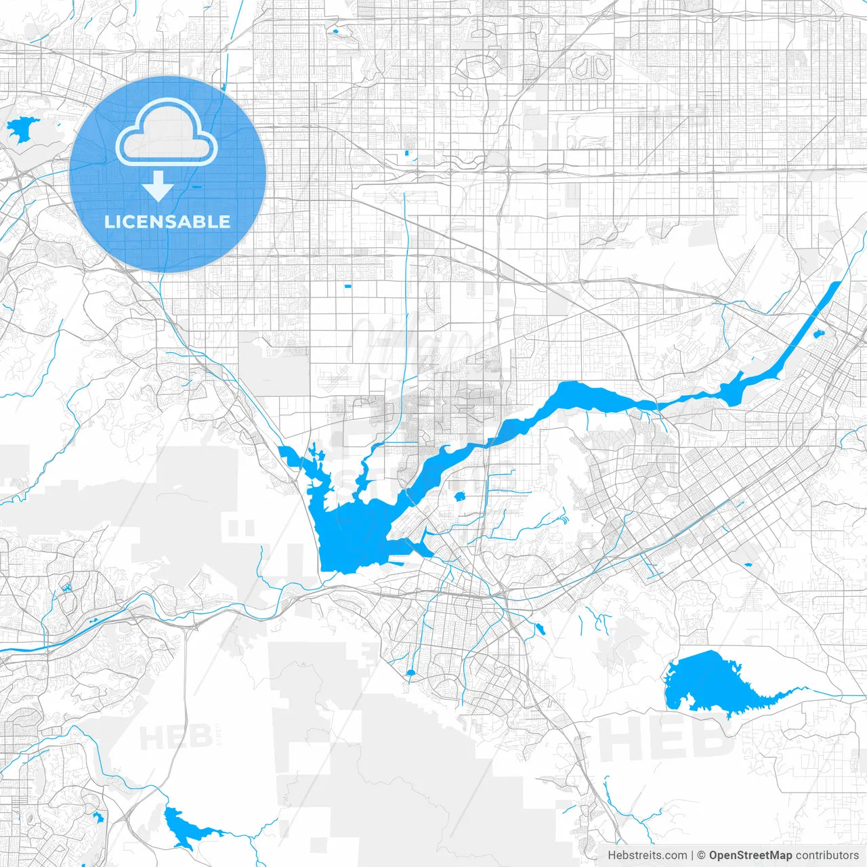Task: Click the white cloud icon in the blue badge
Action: tap(167, 133)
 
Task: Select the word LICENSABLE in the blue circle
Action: tap(167, 221)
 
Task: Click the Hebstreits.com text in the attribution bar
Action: tap(647, 855)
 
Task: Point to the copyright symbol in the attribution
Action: tap(702, 855)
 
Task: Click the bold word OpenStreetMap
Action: tap(750, 855)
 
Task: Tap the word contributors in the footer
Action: tap(827, 855)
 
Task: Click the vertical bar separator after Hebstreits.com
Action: tap(692, 855)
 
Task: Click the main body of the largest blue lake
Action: tap(352, 535)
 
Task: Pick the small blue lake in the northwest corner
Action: tap(20, 129)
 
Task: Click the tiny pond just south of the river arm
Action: tap(460, 496)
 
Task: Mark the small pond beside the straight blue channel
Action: tap(818, 334)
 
